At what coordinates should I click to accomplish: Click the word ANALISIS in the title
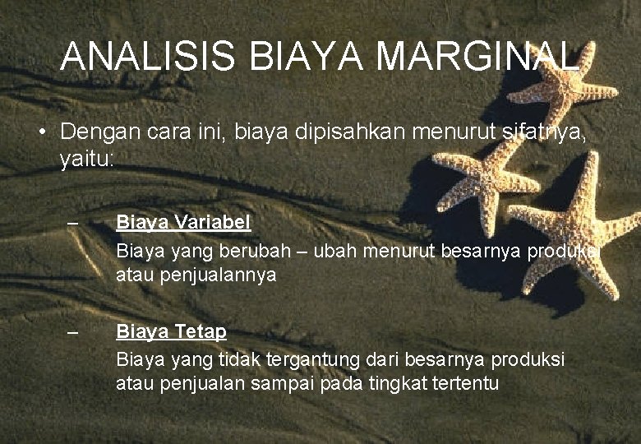coord(148,57)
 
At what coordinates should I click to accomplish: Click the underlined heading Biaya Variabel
coord(183,222)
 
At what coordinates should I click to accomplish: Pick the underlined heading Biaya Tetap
coord(171,331)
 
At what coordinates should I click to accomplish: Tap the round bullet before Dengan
coord(40,132)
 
